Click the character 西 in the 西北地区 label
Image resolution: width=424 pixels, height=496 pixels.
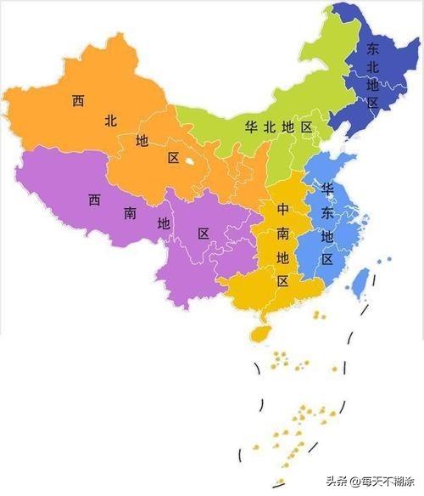click(x=78, y=101)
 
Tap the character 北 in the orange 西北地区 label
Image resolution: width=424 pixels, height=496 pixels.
click(x=110, y=121)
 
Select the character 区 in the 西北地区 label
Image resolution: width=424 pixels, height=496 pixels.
click(x=173, y=158)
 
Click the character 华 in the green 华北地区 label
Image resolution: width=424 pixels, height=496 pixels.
click(x=251, y=127)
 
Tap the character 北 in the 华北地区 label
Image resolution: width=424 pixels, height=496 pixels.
click(x=270, y=127)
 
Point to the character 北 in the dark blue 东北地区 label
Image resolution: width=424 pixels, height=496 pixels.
click(x=372, y=67)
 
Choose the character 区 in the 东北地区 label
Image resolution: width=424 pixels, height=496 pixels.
click(x=372, y=103)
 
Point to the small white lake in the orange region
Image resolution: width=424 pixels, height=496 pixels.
click(x=193, y=158)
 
